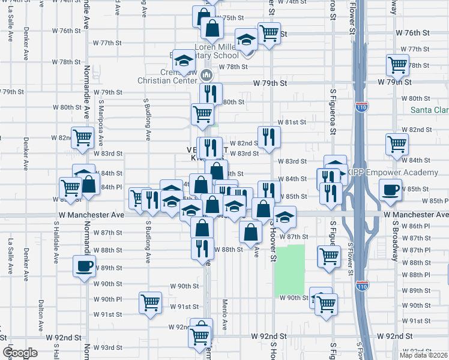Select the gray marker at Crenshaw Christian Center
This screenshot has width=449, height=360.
click(x=206, y=74)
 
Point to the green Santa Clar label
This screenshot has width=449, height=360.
click(x=429, y=110)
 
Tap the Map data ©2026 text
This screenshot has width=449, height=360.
click(x=424, y=355)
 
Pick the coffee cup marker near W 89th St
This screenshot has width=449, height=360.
click(x=84, y=265)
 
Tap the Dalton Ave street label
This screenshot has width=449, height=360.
click(x=41, y=313)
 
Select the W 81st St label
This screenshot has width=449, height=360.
click(x=295, y=122)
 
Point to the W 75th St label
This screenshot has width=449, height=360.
click(x=229, y=18)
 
